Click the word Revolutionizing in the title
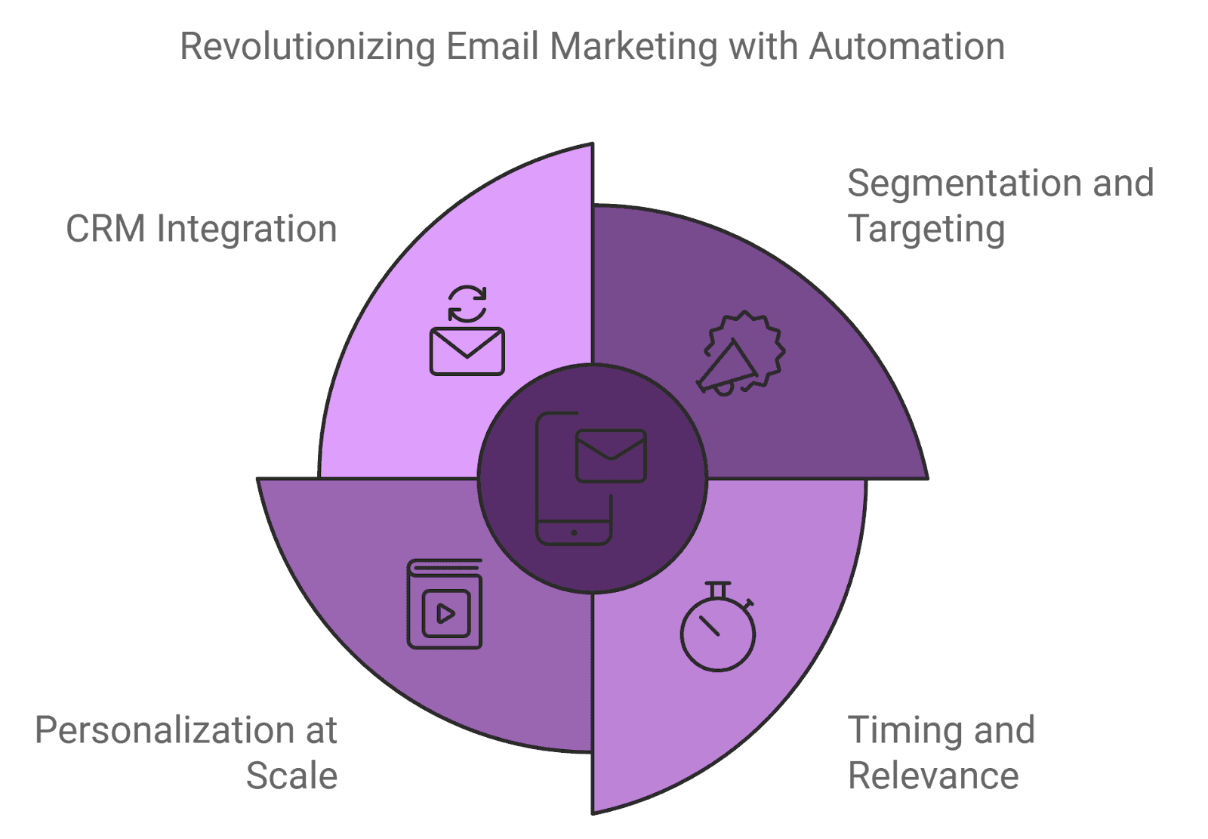pos(308,47)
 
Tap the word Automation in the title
pos(907,47)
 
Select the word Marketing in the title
pos(633,47)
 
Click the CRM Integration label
pos(202,229)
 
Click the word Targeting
pos(927,229)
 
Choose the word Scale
pos(292,776)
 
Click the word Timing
pos(899,730)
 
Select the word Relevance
pos(934,776)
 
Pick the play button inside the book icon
pos(445,613)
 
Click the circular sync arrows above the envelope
pos(467,304)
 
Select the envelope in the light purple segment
pos(467,351)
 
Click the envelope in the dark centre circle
pos(611,456)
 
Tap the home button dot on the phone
pos(575,533)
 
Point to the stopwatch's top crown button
pos(717,586)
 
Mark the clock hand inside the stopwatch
pos(709,625)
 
